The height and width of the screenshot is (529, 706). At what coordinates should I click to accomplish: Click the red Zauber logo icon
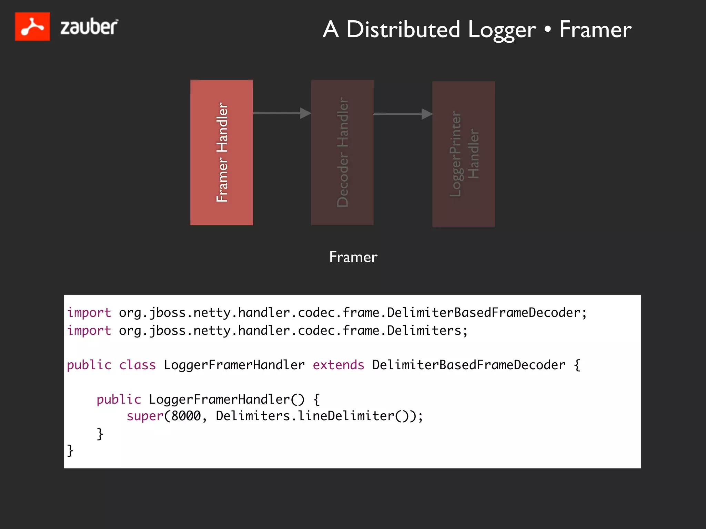pyautogui.click(x=32, y=27)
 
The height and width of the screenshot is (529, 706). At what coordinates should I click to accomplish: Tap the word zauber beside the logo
pyautogui.click(x=89, y=27)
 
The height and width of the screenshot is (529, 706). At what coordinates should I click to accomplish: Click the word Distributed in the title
pyautogui.click(x=403, y=29)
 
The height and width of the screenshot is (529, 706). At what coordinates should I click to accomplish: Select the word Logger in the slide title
pyautogui.click(x=502, y=30)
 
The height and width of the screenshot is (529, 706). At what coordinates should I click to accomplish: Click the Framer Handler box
pyautogui.click(x=222, y=153)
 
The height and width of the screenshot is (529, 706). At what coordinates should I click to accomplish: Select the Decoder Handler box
pyautogui.click(x=342, y=153)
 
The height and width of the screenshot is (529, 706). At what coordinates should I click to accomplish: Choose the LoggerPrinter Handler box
pyautogui.click(x=464, y=154)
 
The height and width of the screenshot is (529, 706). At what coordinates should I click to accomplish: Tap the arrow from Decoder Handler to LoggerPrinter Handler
pyautogui.click(x=403, y=114)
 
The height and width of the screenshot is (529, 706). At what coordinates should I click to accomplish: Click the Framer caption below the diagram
pyautogui.click(x=353, y=257)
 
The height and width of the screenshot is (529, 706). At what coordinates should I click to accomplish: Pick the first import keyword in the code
pyautogui.click(x=89, y=313)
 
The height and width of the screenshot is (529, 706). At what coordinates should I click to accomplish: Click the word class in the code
pyautogui.click(x=137, y=365)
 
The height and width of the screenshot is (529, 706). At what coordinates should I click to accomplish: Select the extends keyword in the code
pyautogui.click(x=338, y=365)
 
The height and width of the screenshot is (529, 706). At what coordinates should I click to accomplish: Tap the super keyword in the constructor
pyautogui.click(x=145, y=416)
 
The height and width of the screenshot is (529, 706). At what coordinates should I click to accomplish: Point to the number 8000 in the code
pyautogui.click(x=186, y=416)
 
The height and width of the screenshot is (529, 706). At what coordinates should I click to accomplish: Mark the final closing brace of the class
pyautogui.click(x=70, y=450)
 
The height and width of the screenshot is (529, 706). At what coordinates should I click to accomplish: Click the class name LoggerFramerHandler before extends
pyautogui.click(x=234, y=365)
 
